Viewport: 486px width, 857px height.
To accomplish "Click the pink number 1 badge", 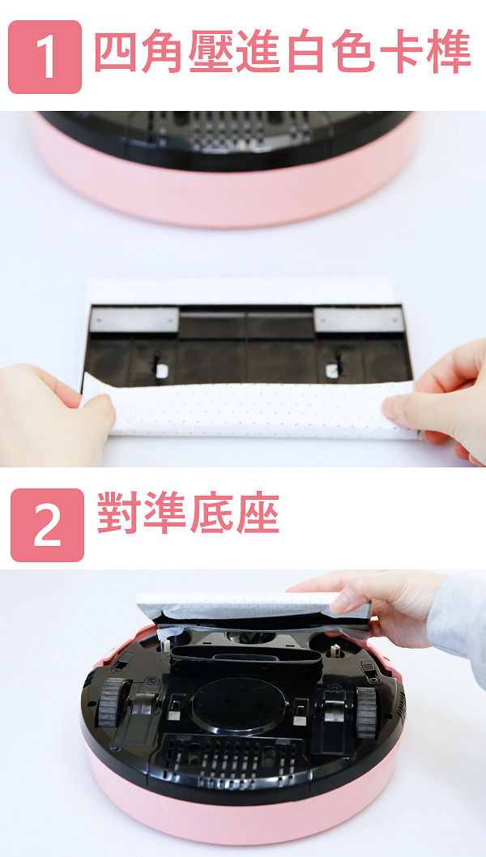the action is pyautogui.click(x=45, y=57).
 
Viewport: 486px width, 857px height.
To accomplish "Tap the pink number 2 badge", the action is pyautogui.click(x=48, y=525).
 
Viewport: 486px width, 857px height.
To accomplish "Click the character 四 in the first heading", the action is pyautogui.click(x=115, y=51).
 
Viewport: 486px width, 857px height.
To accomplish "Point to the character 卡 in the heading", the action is pyautogui.click(x=400, y=51).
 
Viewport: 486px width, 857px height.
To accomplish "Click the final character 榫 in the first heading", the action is pyautogui.click(x=448, y=51).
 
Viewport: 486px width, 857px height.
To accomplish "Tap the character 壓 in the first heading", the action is pyautogui.click(x=210, y=51).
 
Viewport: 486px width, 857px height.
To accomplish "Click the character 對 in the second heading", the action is pyautogui.click(x=118, y=512).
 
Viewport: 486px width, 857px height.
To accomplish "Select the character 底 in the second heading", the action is pyautogui.click(x=211, y=512).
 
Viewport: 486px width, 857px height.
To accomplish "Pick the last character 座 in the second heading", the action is pyautogui.click(x=258, y=512).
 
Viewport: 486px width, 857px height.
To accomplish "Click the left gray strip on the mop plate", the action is pyautogui.click(x=134, y=319).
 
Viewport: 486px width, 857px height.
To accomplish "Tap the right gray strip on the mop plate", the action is pyautogui.click(x=359, y=319).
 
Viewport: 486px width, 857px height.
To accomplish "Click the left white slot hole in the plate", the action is pyautogui.click(x=162, y=370).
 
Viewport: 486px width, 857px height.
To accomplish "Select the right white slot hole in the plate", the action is pyautogui.click(x=332, y=370).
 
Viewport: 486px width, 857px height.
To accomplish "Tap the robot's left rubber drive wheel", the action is pyautogui.click(x=110, y=703).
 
